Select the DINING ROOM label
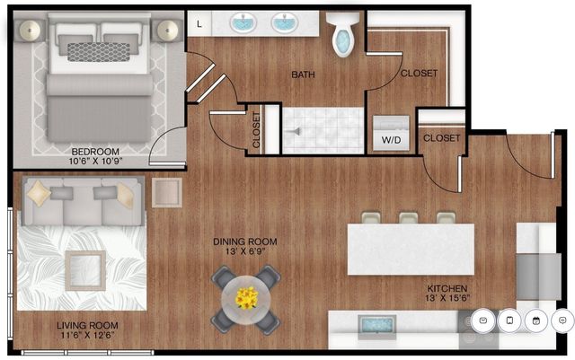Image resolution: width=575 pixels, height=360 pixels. click(x=244, y=242)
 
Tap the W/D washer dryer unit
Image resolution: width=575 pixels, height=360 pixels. click(x=393, y=134)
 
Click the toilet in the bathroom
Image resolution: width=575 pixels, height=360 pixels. click(x=342, y=34)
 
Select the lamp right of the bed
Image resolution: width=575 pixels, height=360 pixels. click(x=168, y=29)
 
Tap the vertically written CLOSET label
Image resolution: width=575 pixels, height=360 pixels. click(x=258, y=128)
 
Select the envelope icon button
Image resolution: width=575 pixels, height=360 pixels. click(x=483, y=319)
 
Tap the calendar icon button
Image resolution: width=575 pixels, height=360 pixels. click(x=536, y=319)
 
